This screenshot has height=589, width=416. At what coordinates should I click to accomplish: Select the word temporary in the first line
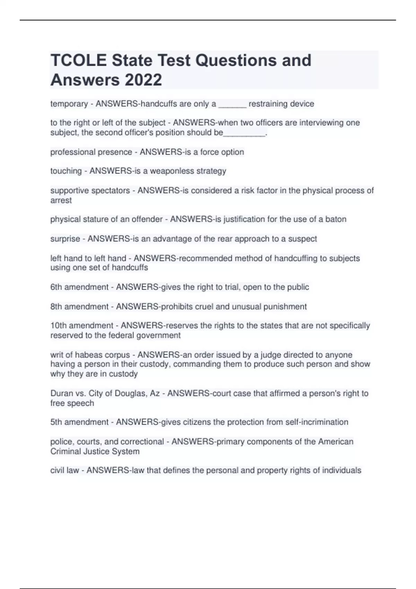tap(69, 104)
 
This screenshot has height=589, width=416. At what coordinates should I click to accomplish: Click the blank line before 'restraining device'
tap(232, 105)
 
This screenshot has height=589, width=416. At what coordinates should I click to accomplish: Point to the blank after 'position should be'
tap(244, 133)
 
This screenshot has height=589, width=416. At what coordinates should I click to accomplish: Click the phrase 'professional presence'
tap(91, 152)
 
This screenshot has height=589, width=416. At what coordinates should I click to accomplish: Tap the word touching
tap(66, 171)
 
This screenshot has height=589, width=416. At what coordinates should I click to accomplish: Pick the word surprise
tap(65, 239)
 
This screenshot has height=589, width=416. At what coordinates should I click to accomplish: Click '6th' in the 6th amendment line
tap(57, 287)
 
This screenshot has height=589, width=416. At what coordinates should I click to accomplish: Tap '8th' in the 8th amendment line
tap(57, 307)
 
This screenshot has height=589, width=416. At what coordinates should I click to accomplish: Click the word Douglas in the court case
tap(130, 394)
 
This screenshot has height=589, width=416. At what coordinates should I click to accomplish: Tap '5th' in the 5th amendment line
tap(57, 422)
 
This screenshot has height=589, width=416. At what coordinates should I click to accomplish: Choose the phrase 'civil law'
tap(64, 471)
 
